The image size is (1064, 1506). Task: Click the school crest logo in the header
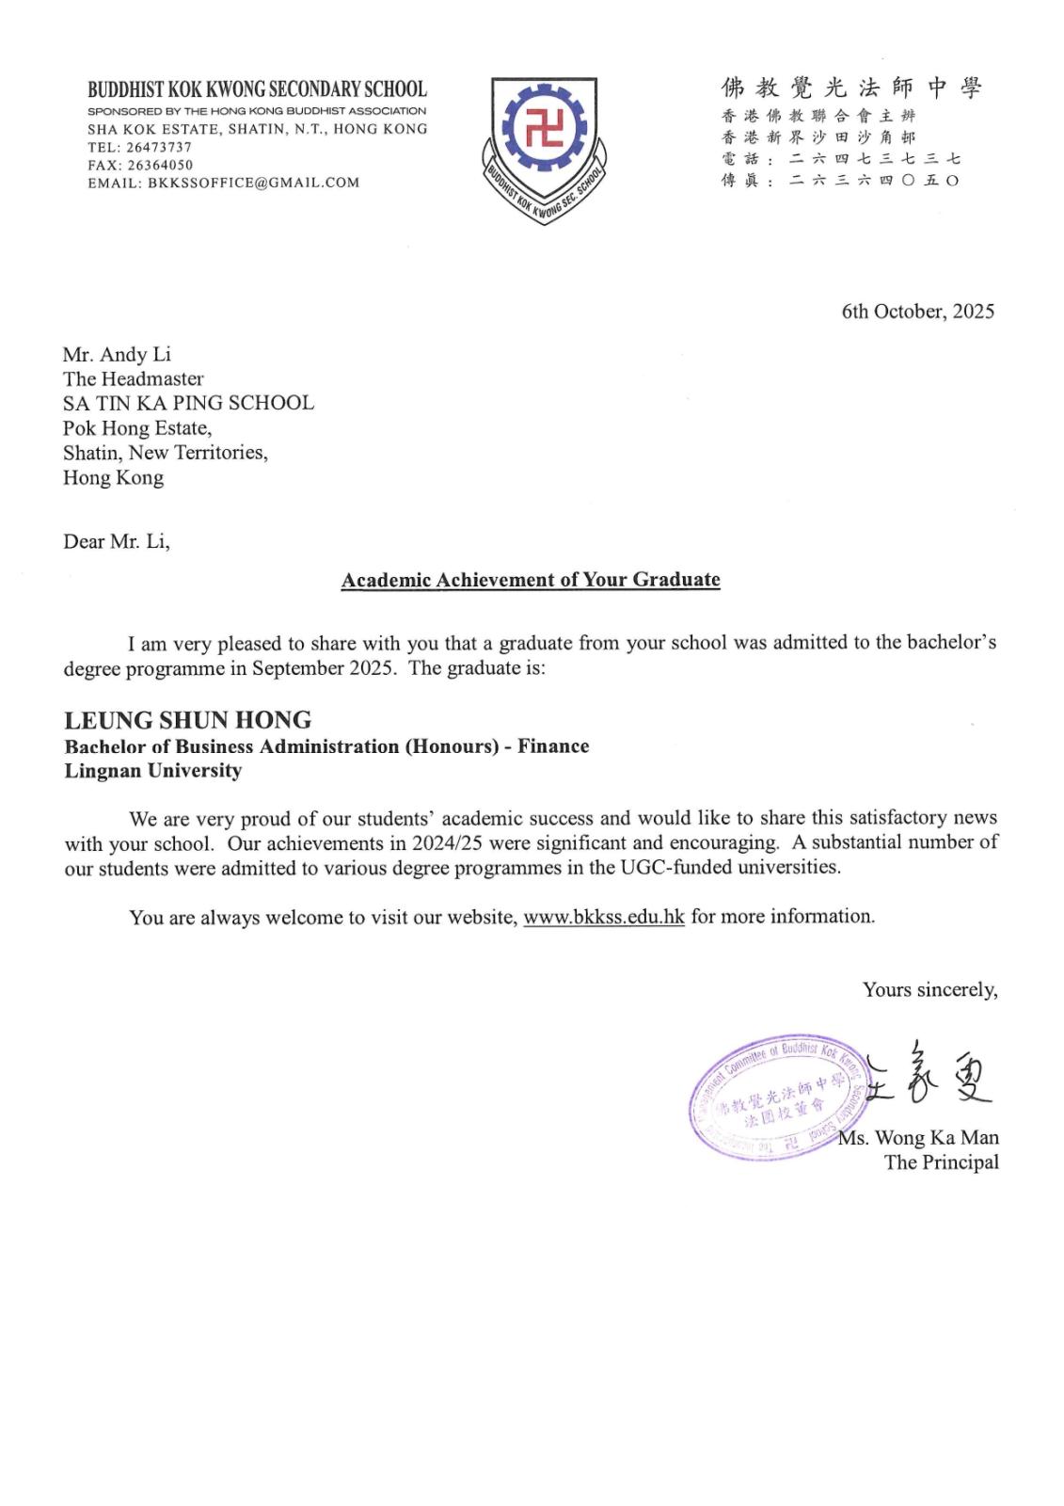point(544,147)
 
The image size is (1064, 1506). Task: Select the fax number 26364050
point(160,165)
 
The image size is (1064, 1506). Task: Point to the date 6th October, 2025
point(917,312)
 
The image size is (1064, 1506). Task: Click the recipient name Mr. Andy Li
point(117,355)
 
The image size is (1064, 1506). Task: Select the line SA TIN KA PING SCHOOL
point(188,403)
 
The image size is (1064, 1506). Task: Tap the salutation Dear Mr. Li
point(116,542)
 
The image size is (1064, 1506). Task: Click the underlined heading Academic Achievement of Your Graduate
point(531,580)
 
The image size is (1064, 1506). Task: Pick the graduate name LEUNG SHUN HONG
point(187,721)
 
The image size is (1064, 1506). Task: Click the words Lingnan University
point(152,771)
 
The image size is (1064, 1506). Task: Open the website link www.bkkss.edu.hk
point(603,917)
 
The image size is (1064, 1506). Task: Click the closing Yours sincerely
point(929,990)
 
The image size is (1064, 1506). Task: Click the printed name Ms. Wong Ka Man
point(919,1138)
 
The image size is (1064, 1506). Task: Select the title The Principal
point(941,1162)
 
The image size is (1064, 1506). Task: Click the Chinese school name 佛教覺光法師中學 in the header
point(851,88)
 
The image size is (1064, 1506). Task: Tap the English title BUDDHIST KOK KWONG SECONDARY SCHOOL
point(257,90)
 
